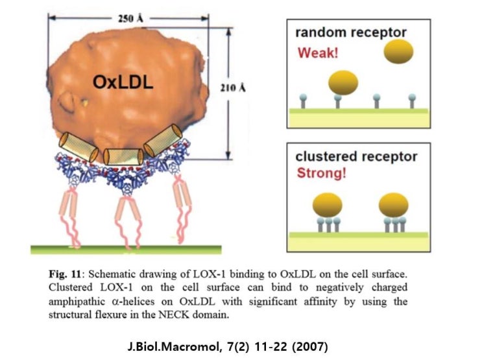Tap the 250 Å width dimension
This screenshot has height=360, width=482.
130,18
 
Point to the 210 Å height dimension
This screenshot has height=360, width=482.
241,88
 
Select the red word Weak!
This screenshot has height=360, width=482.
318,52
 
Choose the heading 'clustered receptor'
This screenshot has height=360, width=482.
356,157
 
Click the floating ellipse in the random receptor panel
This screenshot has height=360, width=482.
398,52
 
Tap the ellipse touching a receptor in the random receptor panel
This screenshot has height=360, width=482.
343,83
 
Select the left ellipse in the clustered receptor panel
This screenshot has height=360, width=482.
328,206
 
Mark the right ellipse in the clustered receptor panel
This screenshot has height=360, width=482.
394,206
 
